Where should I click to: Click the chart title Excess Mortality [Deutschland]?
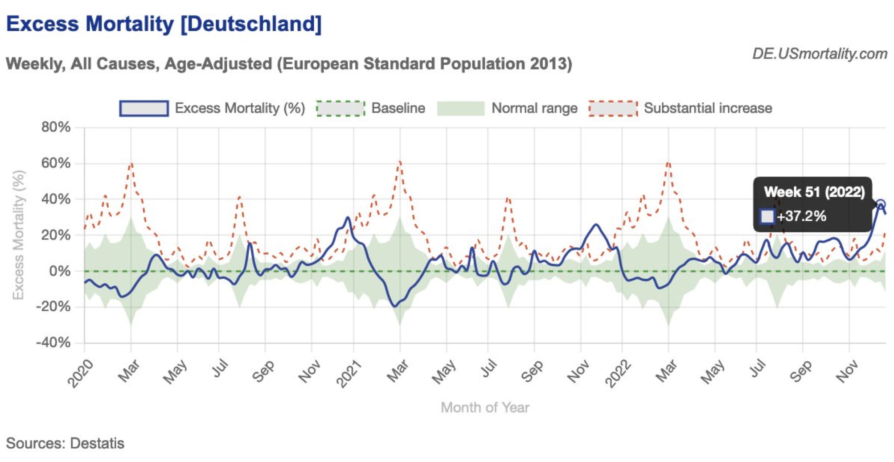click(164, 24)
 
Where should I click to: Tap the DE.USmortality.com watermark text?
click(820, 54)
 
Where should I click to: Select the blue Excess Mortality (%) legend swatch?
click(144, 108)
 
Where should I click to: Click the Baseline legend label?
click(398, 108)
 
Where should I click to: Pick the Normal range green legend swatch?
click(460, 108)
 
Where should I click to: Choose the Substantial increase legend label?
click(708, 108)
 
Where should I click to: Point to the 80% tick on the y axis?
click(56, 128)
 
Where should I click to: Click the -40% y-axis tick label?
click(53, 343)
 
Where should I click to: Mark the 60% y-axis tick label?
click(56, 163)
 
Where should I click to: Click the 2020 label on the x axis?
click(81, 373)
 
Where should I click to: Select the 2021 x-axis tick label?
click(349, 373)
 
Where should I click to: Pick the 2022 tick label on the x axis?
click(618, 373)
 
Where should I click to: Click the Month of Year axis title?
click(485, 408)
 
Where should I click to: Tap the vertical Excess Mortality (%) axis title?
click(18, 235)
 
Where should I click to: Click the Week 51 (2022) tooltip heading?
click(814, 192)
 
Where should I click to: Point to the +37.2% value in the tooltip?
click(801, 216)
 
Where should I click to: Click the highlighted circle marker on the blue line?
click(880, 205)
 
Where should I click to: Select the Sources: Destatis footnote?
click(65, 443)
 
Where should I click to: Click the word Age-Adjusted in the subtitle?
click(218, 64)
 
